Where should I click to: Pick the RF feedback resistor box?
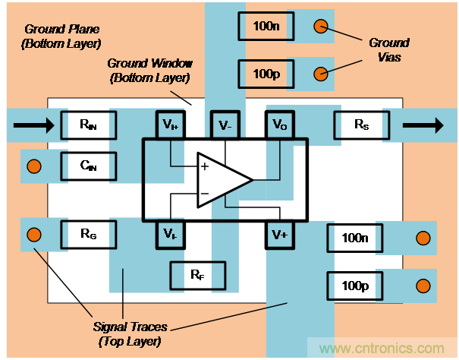(197, 274)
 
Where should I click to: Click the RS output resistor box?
(360, 124)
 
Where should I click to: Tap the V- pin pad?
(224, 125)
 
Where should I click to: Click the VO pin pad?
(278, 125)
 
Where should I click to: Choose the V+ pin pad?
(278, 234)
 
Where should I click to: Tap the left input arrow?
(34, 124)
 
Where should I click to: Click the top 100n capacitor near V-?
(266, 27)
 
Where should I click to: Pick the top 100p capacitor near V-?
(266, 74)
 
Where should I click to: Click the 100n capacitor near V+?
(354, 238)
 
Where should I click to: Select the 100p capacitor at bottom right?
(354, 286)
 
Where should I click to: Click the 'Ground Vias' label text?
(388, 49)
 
